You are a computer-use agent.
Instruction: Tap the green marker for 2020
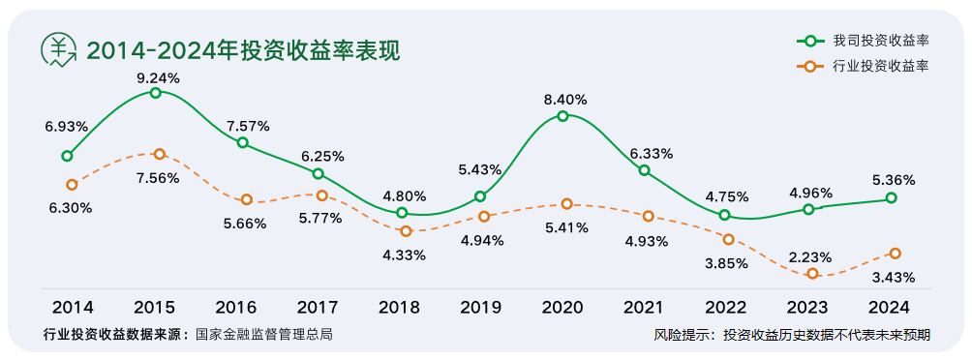pyautogui.click(x=562, y=116)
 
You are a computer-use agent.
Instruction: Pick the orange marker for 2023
pyautogui.click(x=812, y=274)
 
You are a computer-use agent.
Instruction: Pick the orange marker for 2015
pyautogui.click(x=160, y=154)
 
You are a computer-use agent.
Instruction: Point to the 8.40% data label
pyautogui.click(x=564, y=99)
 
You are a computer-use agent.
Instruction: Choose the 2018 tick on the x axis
pyautogui.click(x=399, y=308)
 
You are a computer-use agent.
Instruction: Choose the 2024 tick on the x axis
pyautogui.click(x=889, y=308)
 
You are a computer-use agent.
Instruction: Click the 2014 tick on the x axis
pyautogui.click(x=73, y=308)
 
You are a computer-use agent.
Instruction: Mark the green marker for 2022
pyautogui.click(x=725, y=215)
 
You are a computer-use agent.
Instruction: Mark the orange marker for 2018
pyautogui.click(x=406, y=230)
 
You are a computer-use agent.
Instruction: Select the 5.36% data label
pyautogui.click(x=892, y=180)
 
